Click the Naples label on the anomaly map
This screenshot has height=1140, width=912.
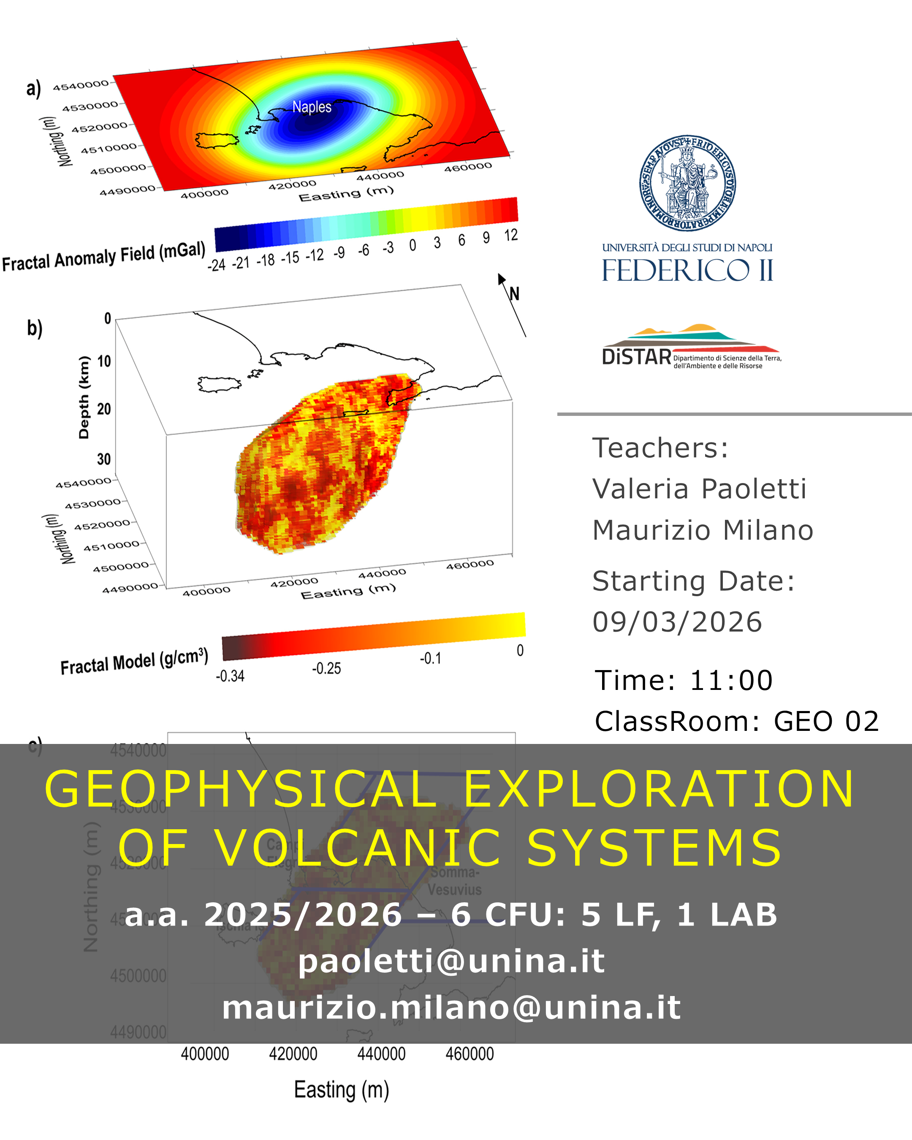(312, 107)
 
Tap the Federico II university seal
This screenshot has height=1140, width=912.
(687, 183)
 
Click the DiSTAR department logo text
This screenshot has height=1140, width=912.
(637, 357)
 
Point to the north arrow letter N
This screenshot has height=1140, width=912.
(514, 294)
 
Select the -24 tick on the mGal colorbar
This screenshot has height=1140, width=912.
(216, 265)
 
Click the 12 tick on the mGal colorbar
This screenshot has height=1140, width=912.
(511, 235)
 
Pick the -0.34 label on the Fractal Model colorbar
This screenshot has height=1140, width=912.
(230, 676)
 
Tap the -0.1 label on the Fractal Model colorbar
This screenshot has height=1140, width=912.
(430, 658)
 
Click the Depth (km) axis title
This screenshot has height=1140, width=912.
(84, 398)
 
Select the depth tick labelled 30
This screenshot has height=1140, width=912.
(103, 459)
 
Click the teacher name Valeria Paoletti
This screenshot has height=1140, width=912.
(699, 489)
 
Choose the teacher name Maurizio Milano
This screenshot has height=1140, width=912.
(703, 530)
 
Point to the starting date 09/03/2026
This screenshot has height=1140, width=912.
(677, 622)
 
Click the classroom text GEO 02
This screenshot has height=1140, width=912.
(826, 721)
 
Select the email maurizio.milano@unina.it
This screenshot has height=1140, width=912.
(451, 1007)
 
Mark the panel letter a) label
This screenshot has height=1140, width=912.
(34, 88)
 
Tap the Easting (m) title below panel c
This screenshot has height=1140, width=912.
(342, 1090)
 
